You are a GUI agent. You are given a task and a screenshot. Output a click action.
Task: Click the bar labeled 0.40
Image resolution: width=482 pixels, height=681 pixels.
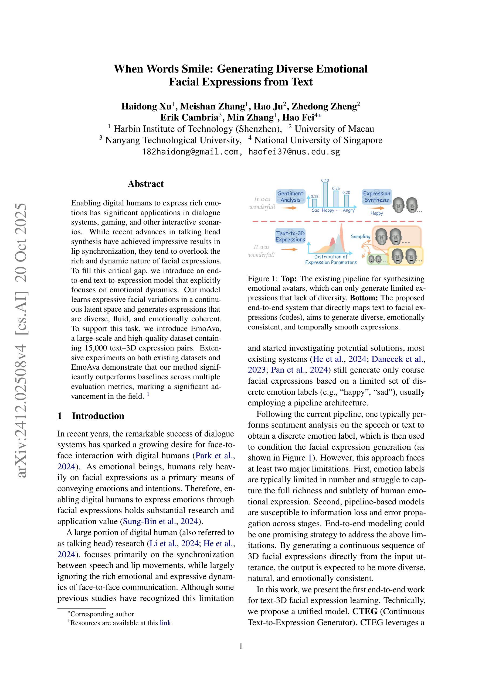click(325, 194)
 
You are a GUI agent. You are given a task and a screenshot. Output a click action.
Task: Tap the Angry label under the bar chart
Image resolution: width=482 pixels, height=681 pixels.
click(349, 210)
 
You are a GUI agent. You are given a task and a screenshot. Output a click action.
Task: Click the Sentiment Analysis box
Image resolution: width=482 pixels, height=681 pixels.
click(290, 197)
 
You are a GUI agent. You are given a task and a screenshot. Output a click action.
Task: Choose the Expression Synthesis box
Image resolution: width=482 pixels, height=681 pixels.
click(376, 197)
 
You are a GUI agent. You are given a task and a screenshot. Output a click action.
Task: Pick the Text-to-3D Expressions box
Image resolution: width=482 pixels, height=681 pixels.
click(290, 236)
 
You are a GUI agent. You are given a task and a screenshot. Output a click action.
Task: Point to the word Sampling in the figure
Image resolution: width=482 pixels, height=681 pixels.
click(360, 236)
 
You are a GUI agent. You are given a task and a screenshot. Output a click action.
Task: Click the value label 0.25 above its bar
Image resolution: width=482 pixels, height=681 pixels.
click(336, 188)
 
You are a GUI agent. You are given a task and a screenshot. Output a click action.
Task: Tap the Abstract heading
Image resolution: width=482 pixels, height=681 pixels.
click(145, 184)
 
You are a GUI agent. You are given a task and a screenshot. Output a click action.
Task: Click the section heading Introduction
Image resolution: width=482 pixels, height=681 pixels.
click(98, 416)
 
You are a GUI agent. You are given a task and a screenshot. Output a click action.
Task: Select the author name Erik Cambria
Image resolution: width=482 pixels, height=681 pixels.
click(189, 118)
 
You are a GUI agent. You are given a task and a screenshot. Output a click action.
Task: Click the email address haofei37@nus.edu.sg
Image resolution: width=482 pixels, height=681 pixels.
click(294, 152)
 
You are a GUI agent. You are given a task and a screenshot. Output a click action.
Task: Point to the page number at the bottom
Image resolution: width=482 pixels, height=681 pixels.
click(241, 646)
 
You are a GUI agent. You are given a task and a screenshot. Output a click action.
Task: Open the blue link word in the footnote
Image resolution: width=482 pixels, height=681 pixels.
click(165, 623)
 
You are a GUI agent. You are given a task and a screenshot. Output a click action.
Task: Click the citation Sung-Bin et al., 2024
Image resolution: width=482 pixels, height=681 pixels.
click(160, 521)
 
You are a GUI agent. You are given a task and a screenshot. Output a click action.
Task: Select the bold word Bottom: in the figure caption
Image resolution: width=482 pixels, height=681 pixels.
click(364, 298)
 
